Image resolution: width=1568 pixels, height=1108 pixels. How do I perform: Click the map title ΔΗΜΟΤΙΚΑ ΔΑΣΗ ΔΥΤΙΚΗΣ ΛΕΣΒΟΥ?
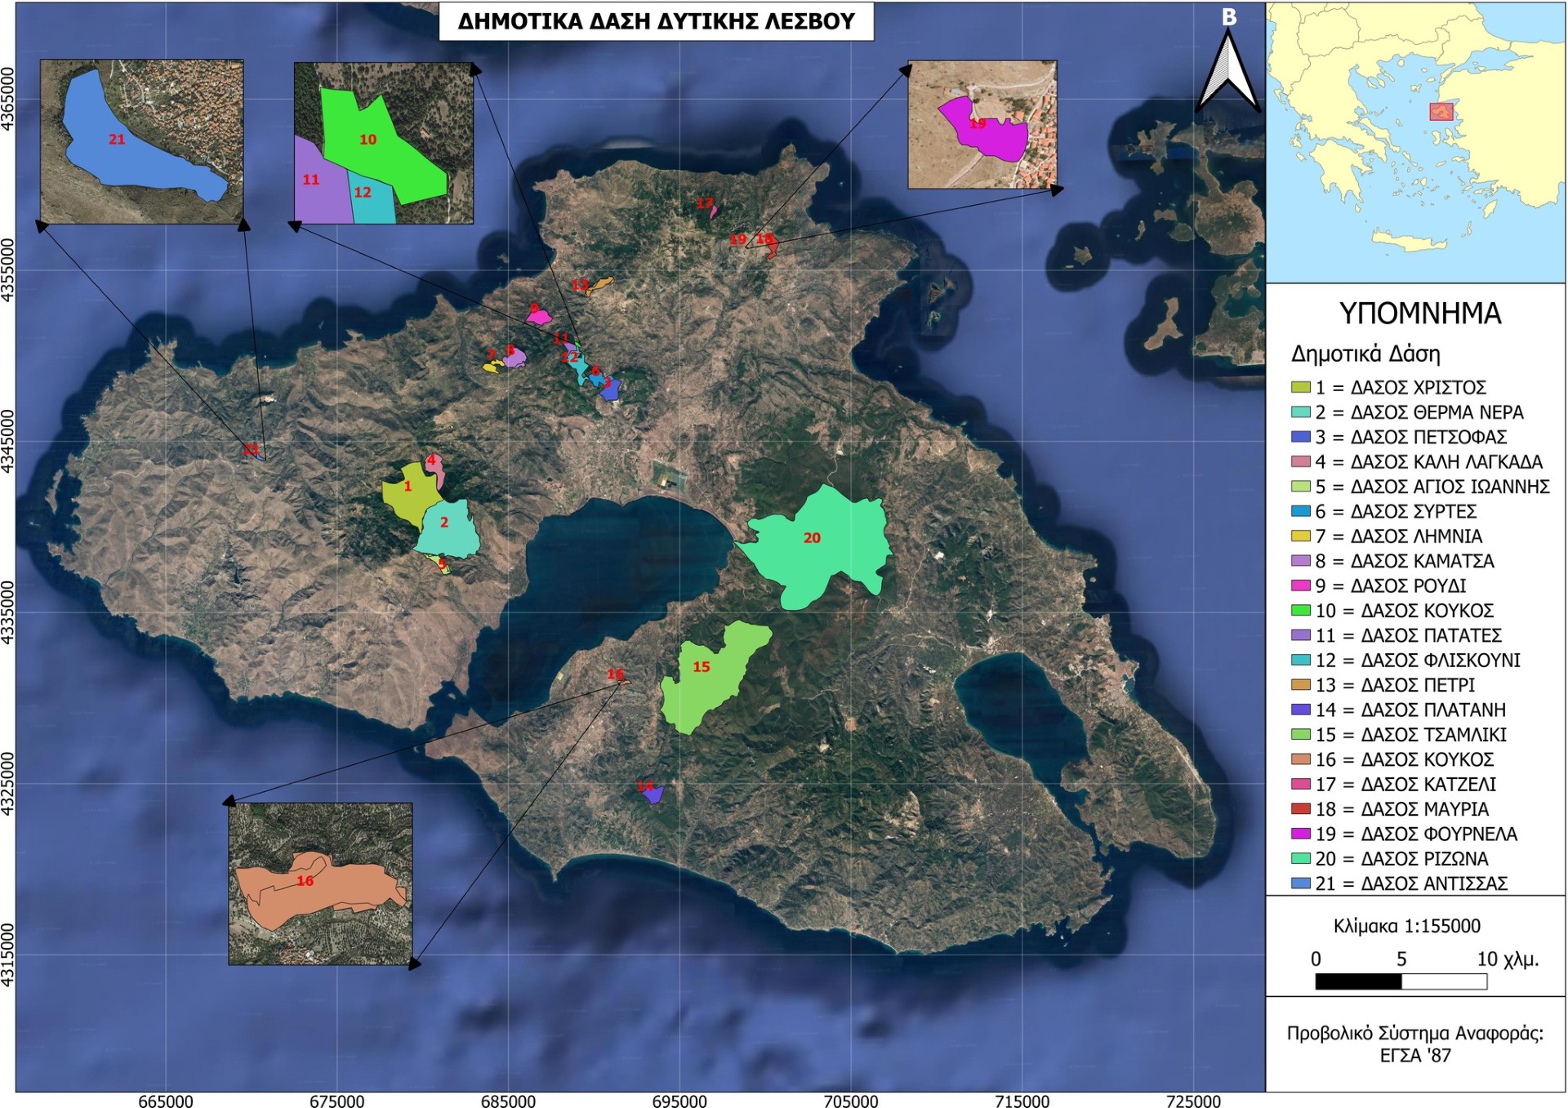pyautogui.click(x=656, y=21)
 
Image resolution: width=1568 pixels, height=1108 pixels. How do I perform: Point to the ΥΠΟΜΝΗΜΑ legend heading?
pyautogui.click(x=1419, y=314)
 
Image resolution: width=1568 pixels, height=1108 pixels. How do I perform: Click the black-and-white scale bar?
pyautogui.click(x=1401, y=981)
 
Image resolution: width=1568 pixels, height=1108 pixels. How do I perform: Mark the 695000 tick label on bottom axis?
pyautogui.click(x=679, y=1101)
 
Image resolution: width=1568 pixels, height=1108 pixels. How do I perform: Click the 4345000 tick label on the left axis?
pyautogui.click(x=7, y=441)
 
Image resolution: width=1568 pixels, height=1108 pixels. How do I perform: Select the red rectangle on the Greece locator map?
pyautogui.click(x=1441, y=112)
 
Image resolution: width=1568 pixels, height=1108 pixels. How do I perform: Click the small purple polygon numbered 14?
pyautogui.click(x=653, y=794)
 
